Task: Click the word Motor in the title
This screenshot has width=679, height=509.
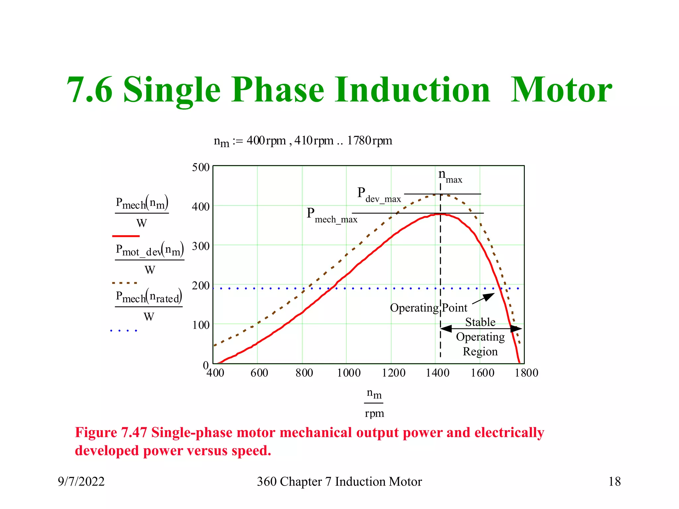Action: [x=561, y=90]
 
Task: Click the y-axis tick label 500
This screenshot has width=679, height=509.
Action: [x=201, y=167]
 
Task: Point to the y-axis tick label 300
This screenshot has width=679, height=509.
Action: [x=201, y=246]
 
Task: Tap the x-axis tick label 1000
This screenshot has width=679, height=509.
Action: [x=349, y=373]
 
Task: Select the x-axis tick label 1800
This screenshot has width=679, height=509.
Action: [x=526, y=373]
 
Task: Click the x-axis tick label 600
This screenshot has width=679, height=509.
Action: [x=259, y=373]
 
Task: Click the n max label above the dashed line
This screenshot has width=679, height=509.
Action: [x=450, y=176]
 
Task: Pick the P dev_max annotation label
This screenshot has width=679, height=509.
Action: [x=379, y=195]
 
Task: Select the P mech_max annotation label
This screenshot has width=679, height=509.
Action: [x=332, y=215]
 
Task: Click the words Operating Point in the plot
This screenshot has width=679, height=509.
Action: [x=428, y=308]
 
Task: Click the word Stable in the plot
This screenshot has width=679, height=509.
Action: [x=480, y=322]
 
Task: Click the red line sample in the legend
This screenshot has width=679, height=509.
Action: [x=126, y=236]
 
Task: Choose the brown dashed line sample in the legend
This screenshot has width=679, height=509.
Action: [x=125, y=283]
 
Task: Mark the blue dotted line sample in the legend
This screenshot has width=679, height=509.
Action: [x=124, y=330]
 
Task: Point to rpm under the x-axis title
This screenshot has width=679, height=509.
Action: [x=374, y=414]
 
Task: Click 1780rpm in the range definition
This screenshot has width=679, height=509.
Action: [x=369, y=141]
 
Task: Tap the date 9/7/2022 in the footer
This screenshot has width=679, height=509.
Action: [x=81, y=481]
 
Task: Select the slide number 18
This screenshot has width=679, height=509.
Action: [x=614, y=481]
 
